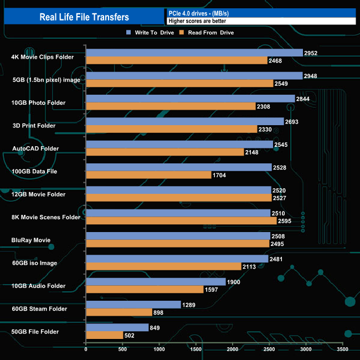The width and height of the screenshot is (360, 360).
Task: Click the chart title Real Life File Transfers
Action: click(84, 17)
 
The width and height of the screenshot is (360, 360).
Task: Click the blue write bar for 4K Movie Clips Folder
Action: click(194, 53)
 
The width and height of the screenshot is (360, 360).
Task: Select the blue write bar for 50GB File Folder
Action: click(117, 327)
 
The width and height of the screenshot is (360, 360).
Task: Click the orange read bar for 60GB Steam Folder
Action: click(119, 312)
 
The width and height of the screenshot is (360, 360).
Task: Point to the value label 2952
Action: click(311, 53)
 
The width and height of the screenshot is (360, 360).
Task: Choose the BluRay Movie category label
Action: click(31, 240)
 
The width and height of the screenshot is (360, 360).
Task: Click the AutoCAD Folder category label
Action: click(35, 148)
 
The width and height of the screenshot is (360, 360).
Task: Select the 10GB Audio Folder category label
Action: click(39, 286)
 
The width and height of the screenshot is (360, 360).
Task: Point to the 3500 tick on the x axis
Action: click(342, 349)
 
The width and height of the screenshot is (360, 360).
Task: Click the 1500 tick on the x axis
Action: click(196, 349)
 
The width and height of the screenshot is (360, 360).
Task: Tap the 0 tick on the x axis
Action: click(86, 349)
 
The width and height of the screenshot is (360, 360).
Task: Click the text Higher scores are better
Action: click(197, 21)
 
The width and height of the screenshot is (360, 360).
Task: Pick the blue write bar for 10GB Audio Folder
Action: click(156, 282)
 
